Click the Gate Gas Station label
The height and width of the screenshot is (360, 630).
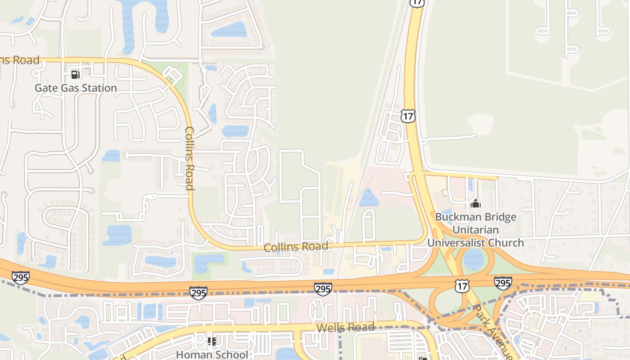point(76,88)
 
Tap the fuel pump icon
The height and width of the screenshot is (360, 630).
point(76,74)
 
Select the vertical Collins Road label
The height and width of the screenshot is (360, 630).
point(189,158)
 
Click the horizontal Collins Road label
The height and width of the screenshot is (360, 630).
point(296,247)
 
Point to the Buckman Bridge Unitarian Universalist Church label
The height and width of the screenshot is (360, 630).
point(476,230)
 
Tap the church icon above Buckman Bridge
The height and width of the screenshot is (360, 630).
point(476,204)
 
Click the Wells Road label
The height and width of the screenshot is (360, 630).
point(345,327)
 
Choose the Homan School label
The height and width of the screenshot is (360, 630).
point(211,355)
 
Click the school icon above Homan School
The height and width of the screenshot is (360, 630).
point(211,342)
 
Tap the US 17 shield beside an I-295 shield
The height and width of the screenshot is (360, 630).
point(462,286)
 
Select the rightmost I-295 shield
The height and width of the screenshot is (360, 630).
point(503,283)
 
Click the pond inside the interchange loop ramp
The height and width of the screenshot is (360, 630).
point(473,260)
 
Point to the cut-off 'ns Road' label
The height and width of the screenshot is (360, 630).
point(19,60)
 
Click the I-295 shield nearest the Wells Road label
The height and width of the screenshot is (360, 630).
point(323,289)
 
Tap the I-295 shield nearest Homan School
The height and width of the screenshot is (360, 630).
point(198,293)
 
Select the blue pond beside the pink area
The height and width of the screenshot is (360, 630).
point(369,198)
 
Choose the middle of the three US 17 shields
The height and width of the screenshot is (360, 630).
point(408,116)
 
